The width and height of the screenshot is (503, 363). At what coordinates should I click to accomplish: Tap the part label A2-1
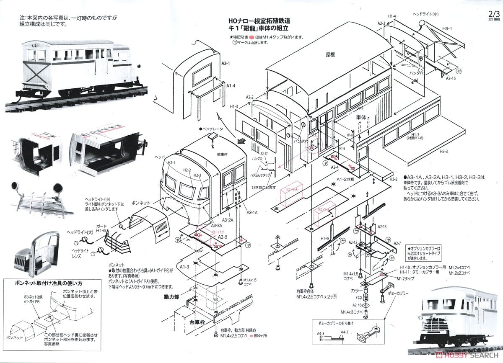pyautogui.click(x=226, y=63)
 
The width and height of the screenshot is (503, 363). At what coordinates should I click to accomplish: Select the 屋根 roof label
pyautogui.click(x=331, y=54)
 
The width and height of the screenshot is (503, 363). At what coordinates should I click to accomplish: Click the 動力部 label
pyautogui.click(x=171, y=296)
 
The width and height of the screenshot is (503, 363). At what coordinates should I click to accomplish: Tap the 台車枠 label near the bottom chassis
pyautogui.click(x=197, y=323)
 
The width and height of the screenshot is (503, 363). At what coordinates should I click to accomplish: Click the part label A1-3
pyautogui.click(x=185, y=266)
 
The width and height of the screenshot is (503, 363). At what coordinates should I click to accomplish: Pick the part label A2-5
pyautogui.click(x=223, y=237)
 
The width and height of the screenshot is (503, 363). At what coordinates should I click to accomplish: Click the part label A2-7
pyautogui.click(x=397, y=243)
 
